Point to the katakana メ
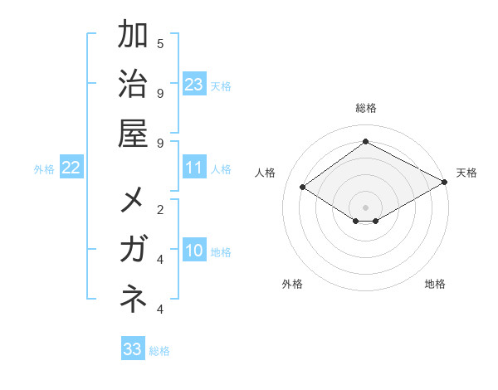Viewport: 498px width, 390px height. [134, 202]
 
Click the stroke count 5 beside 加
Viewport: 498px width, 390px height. [160, 43]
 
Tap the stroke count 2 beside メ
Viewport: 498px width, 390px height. [160, 209]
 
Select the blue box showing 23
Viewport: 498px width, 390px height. [194, 84]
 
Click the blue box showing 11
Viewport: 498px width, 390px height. [194, 168]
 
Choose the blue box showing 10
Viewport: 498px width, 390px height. [194, 251]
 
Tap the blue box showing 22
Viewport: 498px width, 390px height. [71, 168]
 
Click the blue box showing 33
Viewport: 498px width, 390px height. [133, 349]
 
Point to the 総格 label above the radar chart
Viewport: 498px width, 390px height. [366, 109]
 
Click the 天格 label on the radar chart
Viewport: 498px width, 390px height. [466, 173]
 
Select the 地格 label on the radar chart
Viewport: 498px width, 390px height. [435, 284]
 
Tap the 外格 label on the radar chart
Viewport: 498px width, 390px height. [292, 284]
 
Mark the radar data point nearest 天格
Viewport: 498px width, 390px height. [445, 183]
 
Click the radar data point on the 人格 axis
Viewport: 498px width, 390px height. [303, 188]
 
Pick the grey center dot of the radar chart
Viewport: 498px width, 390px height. [366, 207]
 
